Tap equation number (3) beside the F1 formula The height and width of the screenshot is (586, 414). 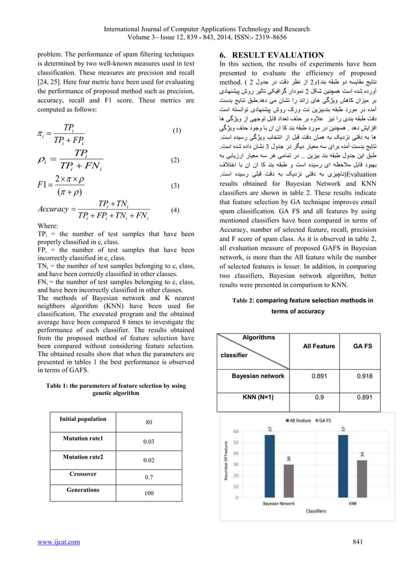176,185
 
